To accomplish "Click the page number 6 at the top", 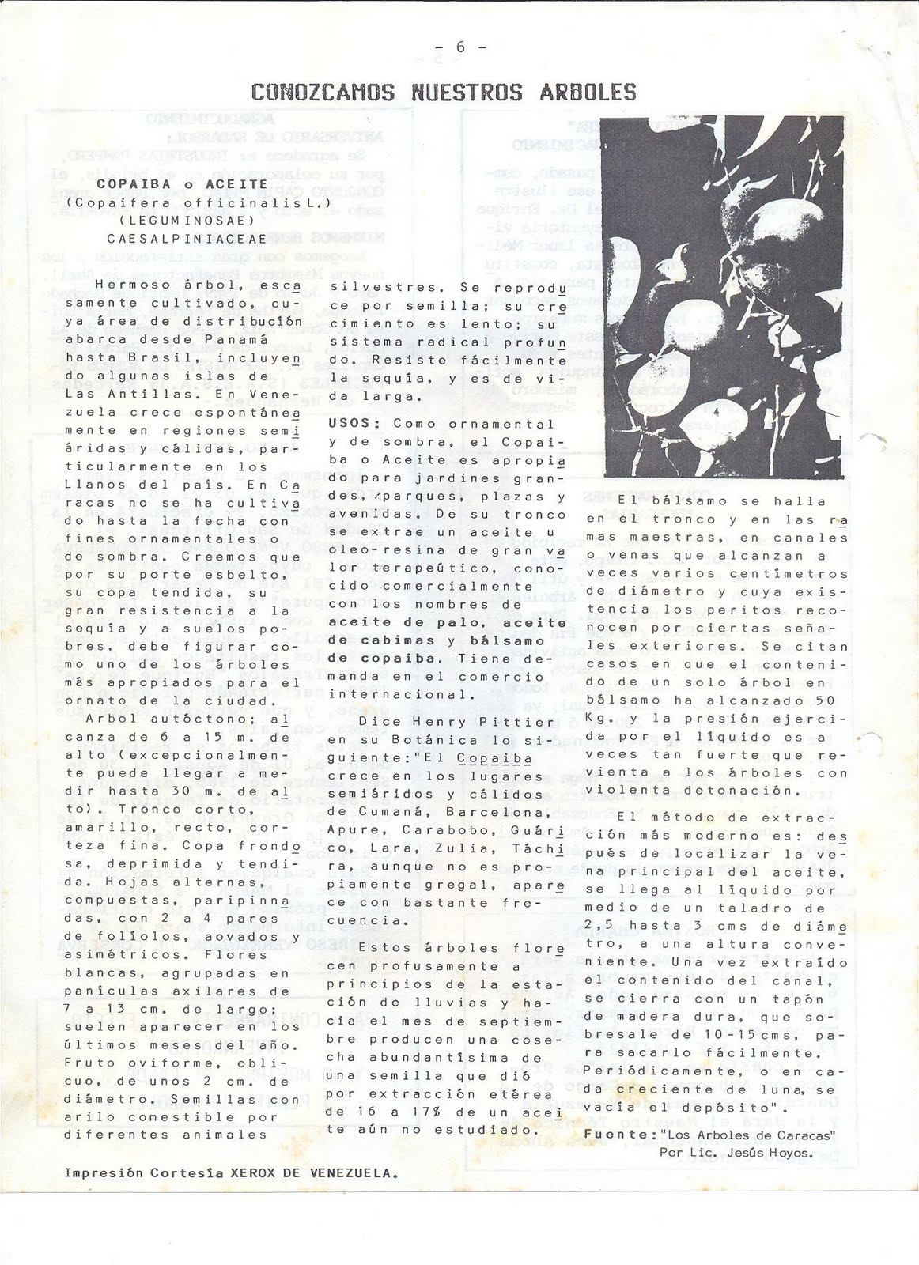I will coord(459,47).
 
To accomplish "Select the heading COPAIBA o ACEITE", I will coord(183,183).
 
